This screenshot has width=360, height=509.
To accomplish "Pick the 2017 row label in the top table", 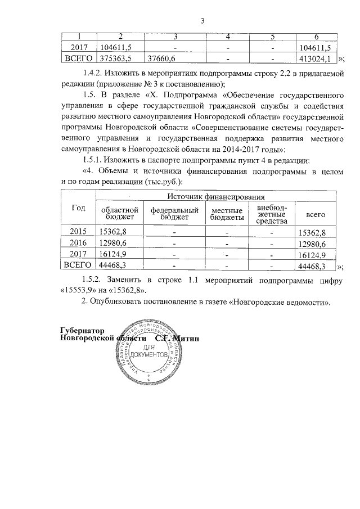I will pos(78,48).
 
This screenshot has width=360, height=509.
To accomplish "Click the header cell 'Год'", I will pos(78,208).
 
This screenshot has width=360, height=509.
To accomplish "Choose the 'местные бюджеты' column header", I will pos(227,213).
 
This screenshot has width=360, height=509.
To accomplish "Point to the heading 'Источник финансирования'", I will pos(215,197).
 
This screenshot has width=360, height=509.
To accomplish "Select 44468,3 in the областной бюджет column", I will pos(112,265).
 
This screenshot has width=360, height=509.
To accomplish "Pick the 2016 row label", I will pos(78,243).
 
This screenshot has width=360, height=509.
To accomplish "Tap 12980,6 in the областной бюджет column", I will pos(112,243).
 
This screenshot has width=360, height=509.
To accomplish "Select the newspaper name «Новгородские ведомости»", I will pos(283,303).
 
